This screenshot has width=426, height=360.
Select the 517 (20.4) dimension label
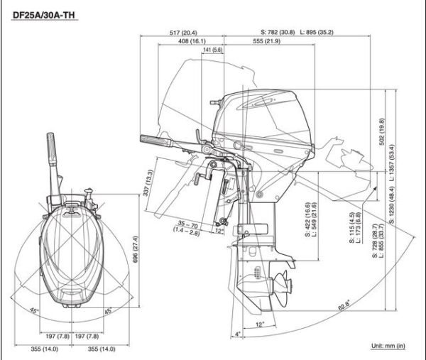183,32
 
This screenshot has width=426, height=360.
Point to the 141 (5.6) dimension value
212,50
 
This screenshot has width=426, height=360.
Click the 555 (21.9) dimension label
266,41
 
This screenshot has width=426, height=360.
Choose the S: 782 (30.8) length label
278,32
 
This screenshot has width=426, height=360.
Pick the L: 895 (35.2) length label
317,32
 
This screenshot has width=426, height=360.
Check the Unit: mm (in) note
388,346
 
